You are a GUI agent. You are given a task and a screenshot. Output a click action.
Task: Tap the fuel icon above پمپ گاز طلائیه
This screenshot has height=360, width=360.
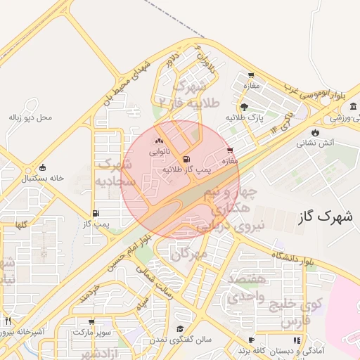[186, 159]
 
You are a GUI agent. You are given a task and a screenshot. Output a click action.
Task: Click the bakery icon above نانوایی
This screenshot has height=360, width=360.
[158, 141]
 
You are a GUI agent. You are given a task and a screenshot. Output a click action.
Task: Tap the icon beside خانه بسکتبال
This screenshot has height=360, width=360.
[43, 167]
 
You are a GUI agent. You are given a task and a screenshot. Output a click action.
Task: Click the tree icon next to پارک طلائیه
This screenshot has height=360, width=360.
[243, 107]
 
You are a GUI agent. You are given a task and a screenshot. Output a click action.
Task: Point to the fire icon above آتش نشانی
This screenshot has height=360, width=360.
[315, 131]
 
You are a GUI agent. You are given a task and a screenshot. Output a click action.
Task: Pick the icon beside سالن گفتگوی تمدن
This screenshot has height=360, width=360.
[179, 329]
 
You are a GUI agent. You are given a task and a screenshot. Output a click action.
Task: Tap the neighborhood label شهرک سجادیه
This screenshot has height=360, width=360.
[114, 172]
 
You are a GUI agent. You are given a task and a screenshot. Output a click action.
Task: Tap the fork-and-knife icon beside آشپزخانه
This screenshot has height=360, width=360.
[8, 321]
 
